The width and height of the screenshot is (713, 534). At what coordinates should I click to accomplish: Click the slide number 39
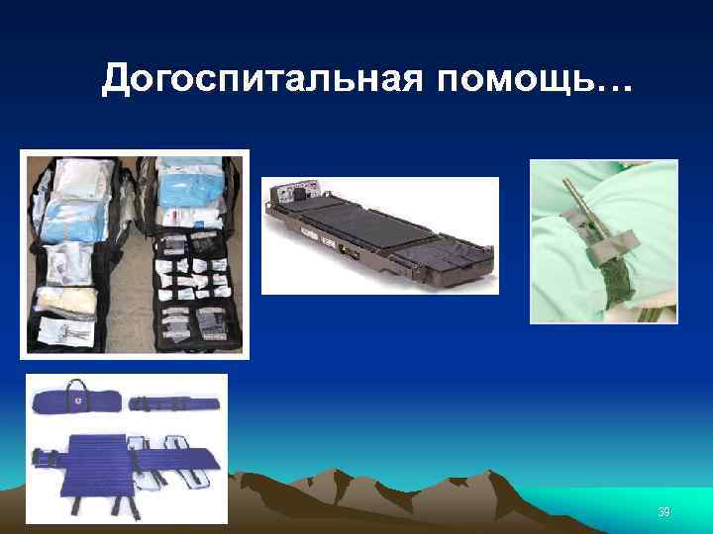click(x=664, y=511)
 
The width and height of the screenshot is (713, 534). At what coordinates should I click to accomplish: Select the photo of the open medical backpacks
click(x=136, y=253)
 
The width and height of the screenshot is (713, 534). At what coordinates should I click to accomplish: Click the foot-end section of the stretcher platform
click(x=456, y=259)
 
